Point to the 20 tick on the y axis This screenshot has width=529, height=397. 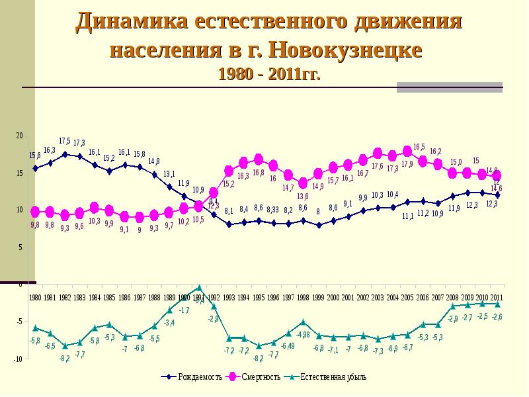click(19, 136)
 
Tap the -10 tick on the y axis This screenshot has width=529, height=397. click(18, 359)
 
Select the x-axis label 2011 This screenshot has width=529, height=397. click(497, 297)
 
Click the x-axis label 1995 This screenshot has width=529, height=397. click(259, 298)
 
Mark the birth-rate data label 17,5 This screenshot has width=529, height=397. click(65, 141)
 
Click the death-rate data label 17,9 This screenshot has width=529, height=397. click(407, 164)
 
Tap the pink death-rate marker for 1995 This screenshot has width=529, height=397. click(259, 159)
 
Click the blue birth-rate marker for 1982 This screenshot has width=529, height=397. click(65, 154)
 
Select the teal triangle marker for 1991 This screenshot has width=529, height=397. click(199, 288)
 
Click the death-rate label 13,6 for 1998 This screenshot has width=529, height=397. click(302, 196)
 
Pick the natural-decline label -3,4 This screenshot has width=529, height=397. click(169, 323)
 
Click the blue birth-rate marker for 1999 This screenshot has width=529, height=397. click(318, 225)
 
